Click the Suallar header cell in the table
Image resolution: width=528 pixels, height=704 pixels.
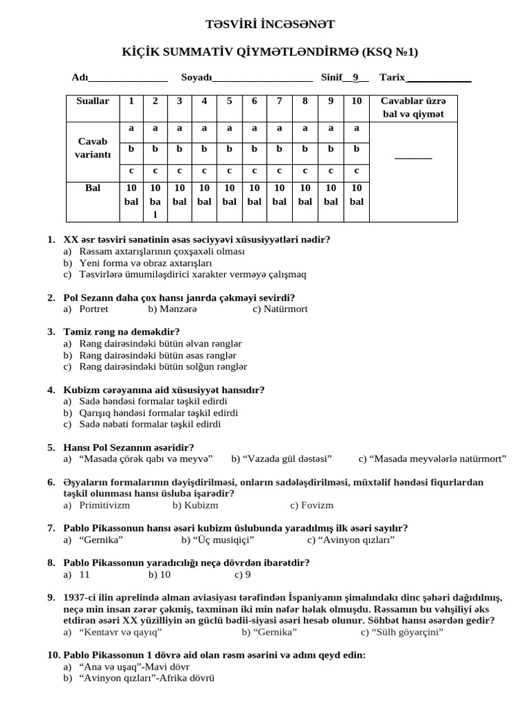click(x=92, y=101)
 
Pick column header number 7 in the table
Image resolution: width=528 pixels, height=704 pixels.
click(x=279, y=101)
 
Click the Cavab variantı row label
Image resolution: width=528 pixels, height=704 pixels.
click(x=92, y=148)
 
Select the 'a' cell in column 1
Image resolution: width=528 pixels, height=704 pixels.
click(x=131, y=128)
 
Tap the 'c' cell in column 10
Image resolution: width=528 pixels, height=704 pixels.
click(x=356, y=170)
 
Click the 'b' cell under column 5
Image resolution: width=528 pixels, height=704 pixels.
click(x=229, y=148)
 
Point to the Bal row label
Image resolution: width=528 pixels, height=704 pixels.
click(x=92, y=188)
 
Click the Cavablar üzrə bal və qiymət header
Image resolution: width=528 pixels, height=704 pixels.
click(x=413, y=107)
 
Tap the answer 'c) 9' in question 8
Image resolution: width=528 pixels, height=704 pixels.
click(x=243, y=574)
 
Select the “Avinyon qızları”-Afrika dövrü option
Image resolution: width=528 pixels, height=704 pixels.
click(x=147, y=678)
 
